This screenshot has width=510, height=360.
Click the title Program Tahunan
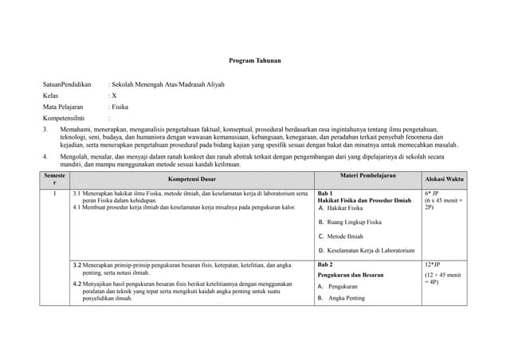[254, 61]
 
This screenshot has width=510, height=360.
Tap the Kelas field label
[52, 95]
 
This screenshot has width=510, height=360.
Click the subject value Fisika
[120, 106]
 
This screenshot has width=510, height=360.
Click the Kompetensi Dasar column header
[191, 180]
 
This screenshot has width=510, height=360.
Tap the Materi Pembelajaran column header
[367, 175]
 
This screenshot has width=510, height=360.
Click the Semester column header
[55, 179]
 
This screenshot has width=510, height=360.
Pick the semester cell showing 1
[54, 194]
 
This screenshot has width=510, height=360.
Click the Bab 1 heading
[325, 194]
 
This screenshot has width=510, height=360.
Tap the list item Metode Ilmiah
[345, 237]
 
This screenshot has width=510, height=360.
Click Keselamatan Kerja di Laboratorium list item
[371, 251]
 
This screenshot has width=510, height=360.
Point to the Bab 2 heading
[325, 264]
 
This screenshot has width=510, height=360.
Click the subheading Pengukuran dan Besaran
[351, 275]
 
